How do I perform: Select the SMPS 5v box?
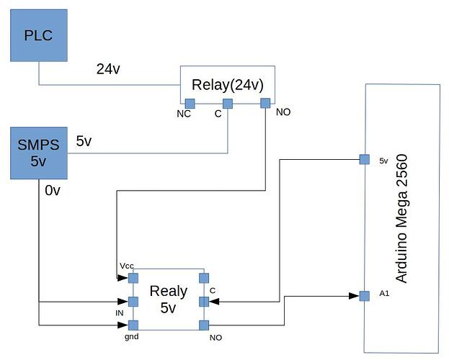[x=39, y=153]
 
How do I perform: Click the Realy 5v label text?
[x=168, y=300]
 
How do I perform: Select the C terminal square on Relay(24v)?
[x=228, y=103]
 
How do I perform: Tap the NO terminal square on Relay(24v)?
[x=265, y=103]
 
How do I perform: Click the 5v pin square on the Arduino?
[x=365, y=159]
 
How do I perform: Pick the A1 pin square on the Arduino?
[x=365, y=295]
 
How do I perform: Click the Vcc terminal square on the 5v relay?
[x=133, y=277]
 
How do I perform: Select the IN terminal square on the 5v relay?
[x=133, y=301]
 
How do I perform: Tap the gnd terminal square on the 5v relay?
[x=133, y=325]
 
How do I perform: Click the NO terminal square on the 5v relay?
[x=204, y=325]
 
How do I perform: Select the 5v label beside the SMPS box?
[x=84, y=141]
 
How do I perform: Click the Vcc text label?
[x=127, y=266]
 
